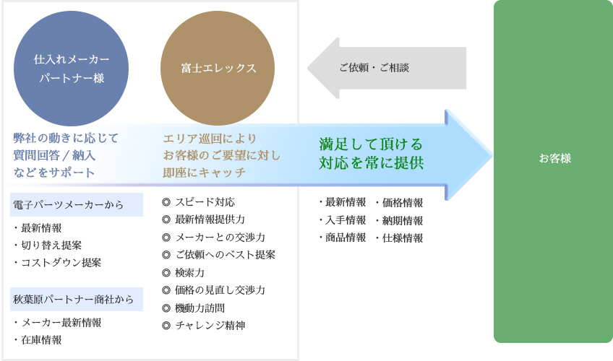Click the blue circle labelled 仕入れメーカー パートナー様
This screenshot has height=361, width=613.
click(71, 69)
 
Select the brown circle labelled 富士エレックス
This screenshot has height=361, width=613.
click(218, 69)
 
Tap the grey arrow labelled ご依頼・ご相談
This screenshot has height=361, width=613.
click(387, 68)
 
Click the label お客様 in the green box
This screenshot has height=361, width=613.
click(554, 158)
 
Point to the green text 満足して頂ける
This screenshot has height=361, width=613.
click(371, 144)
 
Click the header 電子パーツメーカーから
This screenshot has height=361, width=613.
click(68, 204)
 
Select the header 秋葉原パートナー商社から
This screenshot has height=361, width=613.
click(73, 300)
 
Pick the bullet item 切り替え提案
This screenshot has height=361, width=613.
click(48, 245)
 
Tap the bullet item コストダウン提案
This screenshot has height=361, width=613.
click(58, 262)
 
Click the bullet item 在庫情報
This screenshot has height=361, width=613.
click(38, 340)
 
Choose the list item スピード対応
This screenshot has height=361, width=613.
click(198, 201)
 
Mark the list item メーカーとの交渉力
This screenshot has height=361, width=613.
click(213, 237)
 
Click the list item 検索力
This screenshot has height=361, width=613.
click(184, 272)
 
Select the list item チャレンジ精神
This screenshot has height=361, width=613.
click(204, 325)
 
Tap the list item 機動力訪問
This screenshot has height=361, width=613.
click(194, 308)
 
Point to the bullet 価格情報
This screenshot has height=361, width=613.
click(400, 203)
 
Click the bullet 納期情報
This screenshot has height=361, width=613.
click(400, 220)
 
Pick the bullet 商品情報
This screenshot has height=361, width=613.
click(343, 238)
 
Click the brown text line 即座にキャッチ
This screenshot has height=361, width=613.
click(204, 173)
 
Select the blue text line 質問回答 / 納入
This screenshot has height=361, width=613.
click(54, 155)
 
